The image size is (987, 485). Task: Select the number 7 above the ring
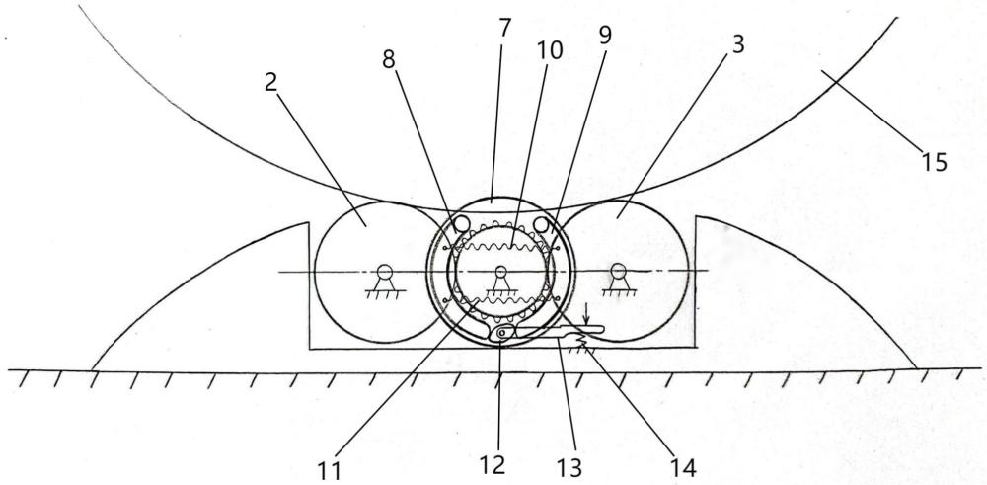504,27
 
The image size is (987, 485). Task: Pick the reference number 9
604,36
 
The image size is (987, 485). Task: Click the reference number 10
551,49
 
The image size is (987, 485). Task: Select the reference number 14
682,465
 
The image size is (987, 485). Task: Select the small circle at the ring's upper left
459,226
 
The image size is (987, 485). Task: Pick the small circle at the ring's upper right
541,226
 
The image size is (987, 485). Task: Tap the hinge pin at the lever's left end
504,335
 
